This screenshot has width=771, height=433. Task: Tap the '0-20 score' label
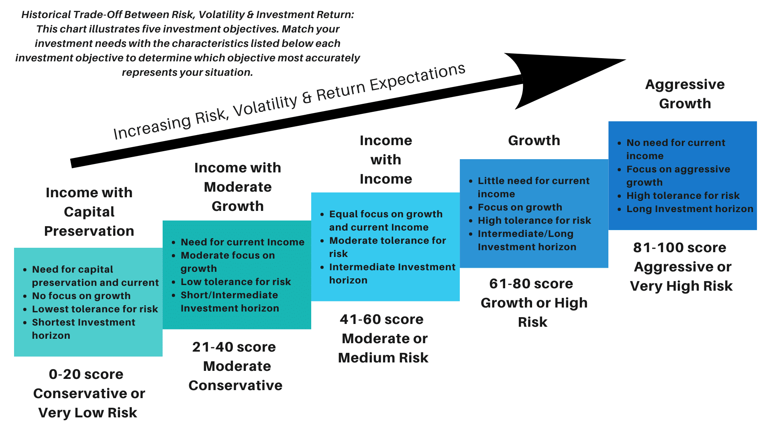pyautogui.click(x=86, y=374)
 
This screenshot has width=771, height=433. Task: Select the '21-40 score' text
pyautogui.click(x=234, y=347)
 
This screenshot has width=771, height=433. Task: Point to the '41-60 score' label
pyautogui.click(x=381, y=319)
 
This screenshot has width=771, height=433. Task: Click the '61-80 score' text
pyautogui.click(x=531, y=283)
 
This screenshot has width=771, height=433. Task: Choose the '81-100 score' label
pyautogui.click(x=679, y=247)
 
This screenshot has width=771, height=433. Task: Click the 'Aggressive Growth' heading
pyautogui.click(x=685, y=94)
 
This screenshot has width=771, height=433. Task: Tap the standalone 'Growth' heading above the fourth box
pyautogui.click(x=534, y=140)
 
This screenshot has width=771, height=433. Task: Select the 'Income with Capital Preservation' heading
pyautogui.click(x=89, y=212)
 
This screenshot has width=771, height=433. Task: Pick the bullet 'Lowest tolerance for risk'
pyautogui.click(x=95, y=309)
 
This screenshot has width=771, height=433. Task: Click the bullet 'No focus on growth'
pyautogui.click(x=81, y=296)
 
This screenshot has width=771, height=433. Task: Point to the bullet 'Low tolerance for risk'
pyautogui.click(x=236, y=282)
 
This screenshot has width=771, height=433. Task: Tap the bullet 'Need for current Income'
pyautogui.click(x=243, y=242)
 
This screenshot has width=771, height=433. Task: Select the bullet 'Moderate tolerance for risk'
pyautogui.click(x=388, y=247)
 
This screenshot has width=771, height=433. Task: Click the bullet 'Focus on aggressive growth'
pyautogui.click(x=678, y=176)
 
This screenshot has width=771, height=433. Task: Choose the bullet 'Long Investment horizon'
pyautogui.click(x=690, y=209)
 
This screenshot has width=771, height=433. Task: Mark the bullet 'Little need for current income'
pyautogui.click(x=534, y=187)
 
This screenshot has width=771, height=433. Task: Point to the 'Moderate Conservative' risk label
pyautogui.click(x=236, y=376)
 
